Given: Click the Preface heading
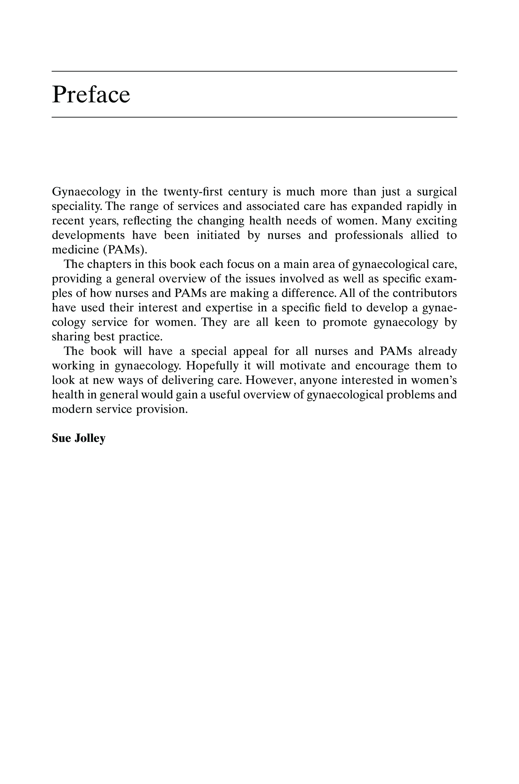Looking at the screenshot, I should click(91, 95).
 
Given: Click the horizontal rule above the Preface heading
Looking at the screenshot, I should click(254, 71).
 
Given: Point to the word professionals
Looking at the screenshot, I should click(369, 235).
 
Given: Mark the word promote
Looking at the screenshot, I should click(345, 322).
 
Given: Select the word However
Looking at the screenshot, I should click(271, 380).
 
